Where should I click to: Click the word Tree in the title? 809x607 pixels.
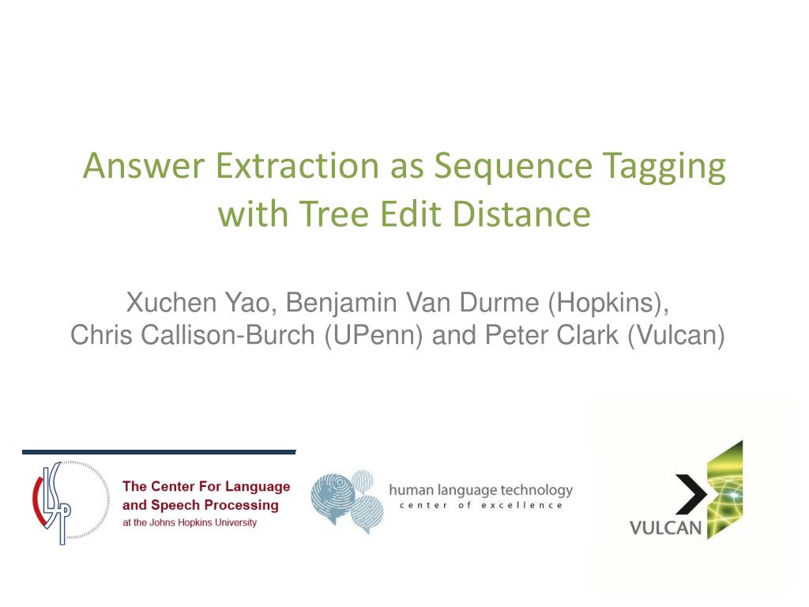coord(333,214)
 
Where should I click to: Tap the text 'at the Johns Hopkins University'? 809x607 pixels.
coord(190,522)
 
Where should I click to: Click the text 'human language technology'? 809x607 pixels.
coord(480,491)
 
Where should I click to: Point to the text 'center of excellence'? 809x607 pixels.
coord(480,506)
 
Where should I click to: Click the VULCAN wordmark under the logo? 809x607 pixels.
coord(665,527)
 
